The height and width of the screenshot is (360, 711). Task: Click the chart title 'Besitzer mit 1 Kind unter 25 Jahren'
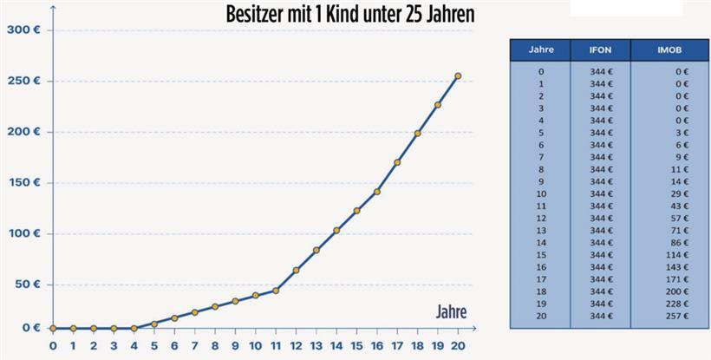click(350, 15)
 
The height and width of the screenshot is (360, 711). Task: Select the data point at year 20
click(458, 76)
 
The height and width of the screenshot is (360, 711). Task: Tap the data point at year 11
click(275, 290)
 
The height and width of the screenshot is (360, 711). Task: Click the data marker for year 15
click(356, 211)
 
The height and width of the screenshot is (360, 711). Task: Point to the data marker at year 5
click(154, 324)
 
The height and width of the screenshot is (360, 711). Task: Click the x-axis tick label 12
click(296, 344)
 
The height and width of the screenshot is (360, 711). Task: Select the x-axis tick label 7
click(194, 344)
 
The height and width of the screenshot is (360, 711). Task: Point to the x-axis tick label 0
click(53, 344)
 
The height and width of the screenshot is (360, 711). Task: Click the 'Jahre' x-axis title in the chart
click(450, 310)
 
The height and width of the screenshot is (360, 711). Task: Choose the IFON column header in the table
click(600, 49)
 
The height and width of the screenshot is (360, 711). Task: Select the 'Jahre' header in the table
click(541, 49)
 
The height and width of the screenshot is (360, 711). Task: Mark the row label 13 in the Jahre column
click(541, 232)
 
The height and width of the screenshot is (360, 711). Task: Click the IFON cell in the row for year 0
click(600, 72)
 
